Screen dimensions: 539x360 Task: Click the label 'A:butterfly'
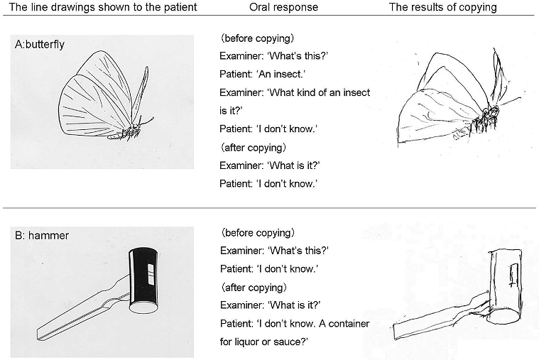coord(40,44)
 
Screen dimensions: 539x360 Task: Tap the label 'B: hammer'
coord(42,236)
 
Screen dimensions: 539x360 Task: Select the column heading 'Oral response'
coord(283,7)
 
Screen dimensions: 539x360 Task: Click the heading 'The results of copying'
coord(442,7)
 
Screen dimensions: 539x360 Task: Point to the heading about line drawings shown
coord(103,7)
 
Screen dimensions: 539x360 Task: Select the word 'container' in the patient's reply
coord(349,324)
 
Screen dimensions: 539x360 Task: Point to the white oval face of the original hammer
coord(143,307)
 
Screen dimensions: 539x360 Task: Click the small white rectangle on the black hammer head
coord(151,274)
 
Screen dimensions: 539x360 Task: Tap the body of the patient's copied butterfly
coord(485,119)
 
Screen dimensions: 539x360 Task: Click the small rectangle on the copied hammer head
coord(513,275)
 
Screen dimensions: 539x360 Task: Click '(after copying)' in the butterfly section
coord(254,148)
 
